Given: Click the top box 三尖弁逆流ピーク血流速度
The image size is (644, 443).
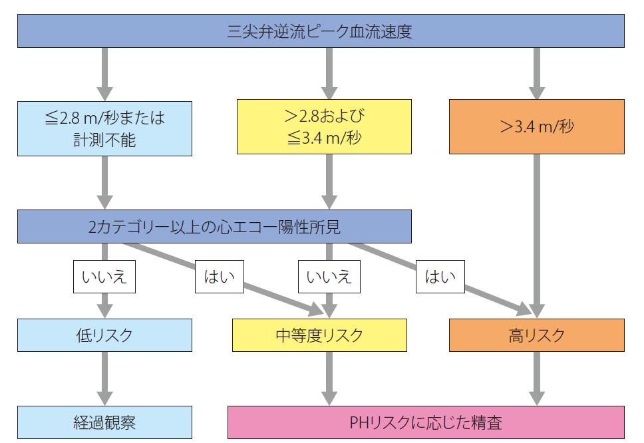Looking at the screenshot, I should pos(321,31).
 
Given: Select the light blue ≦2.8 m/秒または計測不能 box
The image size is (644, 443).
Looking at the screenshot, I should pos(104,128).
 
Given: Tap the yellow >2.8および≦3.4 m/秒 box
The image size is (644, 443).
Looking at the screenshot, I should pos(325,127).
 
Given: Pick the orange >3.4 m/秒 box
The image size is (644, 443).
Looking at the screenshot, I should pos(536,126).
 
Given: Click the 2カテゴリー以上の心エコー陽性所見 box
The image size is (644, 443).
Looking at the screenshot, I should pos(214,227).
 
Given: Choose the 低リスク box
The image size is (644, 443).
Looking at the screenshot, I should pos(104,335).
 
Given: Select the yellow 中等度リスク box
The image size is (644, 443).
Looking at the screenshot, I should pos(319,335).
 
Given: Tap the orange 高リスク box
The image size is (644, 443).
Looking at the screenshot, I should pos(536,335).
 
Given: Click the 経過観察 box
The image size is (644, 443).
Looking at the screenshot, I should pos(104,422).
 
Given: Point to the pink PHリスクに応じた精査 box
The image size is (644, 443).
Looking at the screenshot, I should pos(426,422).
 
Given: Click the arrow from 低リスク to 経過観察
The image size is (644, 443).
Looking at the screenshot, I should pos(104,378).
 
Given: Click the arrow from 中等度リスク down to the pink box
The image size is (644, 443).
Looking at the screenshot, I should pos(329,378).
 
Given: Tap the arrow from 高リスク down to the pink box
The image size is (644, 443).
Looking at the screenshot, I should pos(536,378).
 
